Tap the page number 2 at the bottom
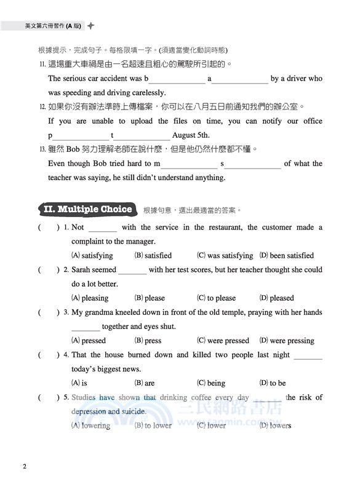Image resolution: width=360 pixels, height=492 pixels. click(x=24, y=466)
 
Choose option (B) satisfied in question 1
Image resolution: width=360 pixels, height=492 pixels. click(x=153, y=255)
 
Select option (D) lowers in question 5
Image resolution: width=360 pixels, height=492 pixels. click(x=275, y=425)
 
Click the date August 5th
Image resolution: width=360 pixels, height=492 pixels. click(x=191, y=135)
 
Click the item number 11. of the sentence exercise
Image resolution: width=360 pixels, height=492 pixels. click(x=42, y=64)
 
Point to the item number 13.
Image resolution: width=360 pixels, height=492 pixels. click(x=42, y=149)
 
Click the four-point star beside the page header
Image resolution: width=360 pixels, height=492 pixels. click(x=91, y=26)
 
